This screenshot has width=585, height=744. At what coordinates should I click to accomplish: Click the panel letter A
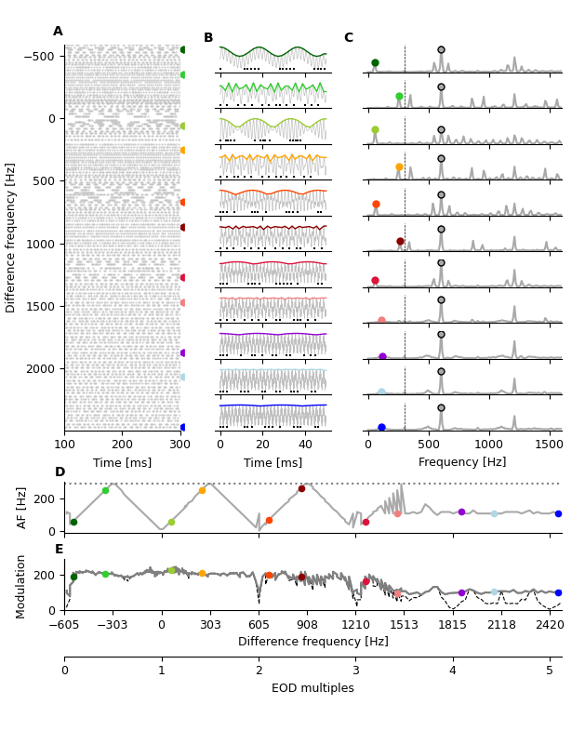tap(58, 32)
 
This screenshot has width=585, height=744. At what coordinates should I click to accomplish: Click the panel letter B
tap(208, 38)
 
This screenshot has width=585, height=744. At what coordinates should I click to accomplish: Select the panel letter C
tap(348, 38)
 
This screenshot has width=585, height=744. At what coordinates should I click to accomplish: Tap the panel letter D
tap(60, 472)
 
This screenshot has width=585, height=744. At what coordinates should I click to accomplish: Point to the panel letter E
tap(60, 550)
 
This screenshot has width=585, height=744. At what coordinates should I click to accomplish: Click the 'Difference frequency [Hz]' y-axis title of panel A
tap(11, 237)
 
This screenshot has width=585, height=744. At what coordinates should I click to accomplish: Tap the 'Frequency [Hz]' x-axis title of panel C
tap(462, 462)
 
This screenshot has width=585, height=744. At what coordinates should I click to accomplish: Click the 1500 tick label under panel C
tap(550, 445)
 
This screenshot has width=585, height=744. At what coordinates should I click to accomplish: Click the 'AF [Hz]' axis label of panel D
tap(22, 508)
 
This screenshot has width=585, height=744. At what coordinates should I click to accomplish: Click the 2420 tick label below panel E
tap(549, 625)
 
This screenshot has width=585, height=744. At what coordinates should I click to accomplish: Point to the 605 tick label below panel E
tap(259, 625)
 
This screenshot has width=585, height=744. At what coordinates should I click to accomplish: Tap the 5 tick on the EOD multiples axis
tap(550, 671)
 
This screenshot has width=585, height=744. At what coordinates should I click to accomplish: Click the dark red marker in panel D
tap(301, 488)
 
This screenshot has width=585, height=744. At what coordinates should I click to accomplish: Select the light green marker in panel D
tap(105, 490)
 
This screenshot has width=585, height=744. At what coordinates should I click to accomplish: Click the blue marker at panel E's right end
tap(558, 592)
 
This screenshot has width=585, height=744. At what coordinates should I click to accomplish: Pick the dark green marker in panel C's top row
tap(375, 63)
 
